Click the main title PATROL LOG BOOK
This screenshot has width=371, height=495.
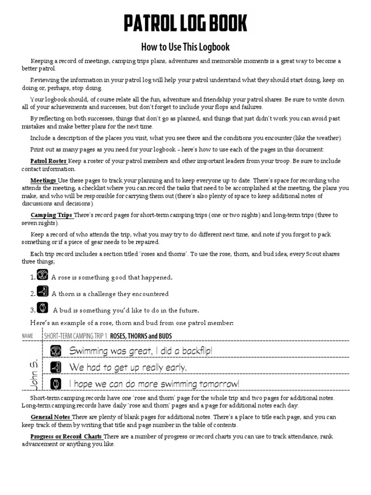(185, 23)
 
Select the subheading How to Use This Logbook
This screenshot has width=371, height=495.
(185, 47)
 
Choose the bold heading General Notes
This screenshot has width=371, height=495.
(51, 417)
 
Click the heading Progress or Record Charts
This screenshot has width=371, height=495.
(66, 437)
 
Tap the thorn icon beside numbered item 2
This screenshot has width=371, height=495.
(43, 292)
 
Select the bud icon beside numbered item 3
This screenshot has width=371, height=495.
(43, 308)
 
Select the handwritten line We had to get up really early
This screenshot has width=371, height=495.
(128, 367)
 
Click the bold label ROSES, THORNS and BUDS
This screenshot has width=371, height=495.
(141, 336)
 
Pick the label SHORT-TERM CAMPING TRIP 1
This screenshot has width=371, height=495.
(75, 336)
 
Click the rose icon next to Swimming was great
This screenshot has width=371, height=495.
(56, 351)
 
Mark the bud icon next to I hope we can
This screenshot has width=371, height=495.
(56, 383)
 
